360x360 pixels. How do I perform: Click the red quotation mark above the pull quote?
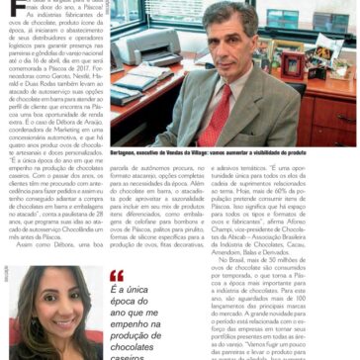coord(117,276)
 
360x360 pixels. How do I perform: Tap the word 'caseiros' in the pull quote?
coord(134,357)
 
